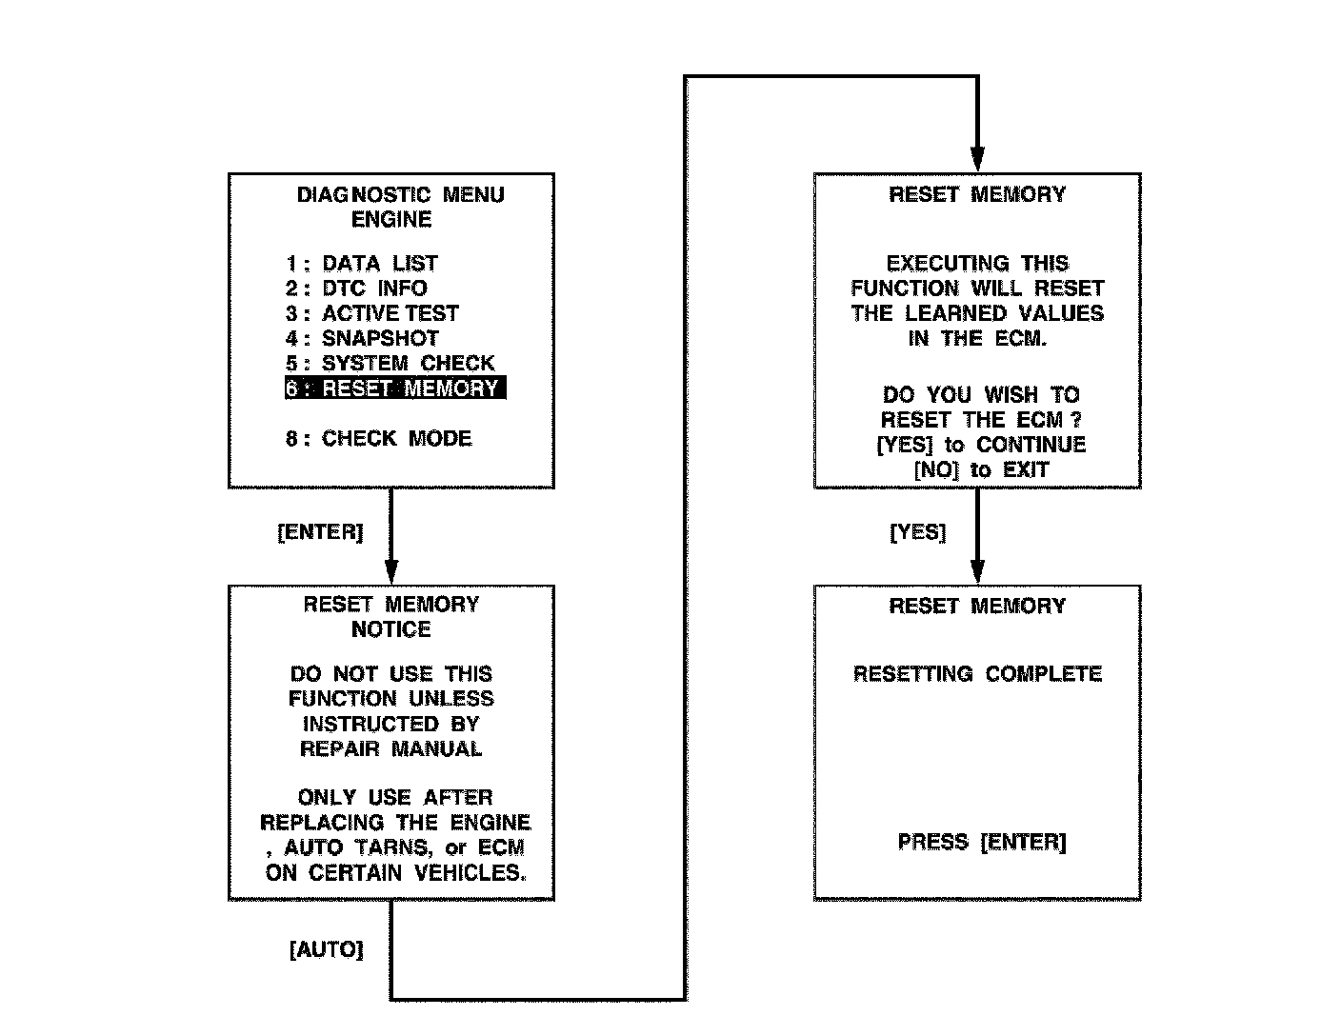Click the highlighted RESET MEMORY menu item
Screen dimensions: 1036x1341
coord(395,388)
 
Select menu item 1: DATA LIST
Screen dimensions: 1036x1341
coord(362,264)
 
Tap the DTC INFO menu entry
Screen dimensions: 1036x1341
coord(357,289)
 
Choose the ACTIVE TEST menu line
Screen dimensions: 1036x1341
coord(372,313)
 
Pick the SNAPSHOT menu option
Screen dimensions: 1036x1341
coord(363,338)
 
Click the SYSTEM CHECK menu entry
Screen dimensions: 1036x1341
coord(390,363)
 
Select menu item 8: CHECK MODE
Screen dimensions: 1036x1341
coord(379,439)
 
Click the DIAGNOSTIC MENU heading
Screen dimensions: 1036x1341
coord(400,195)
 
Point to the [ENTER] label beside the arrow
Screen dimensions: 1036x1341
coord(320,532)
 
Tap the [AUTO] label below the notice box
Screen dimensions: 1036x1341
coord(326,950)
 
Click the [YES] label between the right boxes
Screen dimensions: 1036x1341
coord(918,532)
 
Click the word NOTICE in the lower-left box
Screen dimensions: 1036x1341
coord(391,629)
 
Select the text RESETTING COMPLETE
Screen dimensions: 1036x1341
coord(977,674)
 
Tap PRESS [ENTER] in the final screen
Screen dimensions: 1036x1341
coord(982,842)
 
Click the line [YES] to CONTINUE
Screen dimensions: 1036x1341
coord(981,445)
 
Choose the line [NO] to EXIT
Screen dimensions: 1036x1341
coord(981,469)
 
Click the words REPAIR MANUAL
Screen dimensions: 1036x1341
coord(391,748)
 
